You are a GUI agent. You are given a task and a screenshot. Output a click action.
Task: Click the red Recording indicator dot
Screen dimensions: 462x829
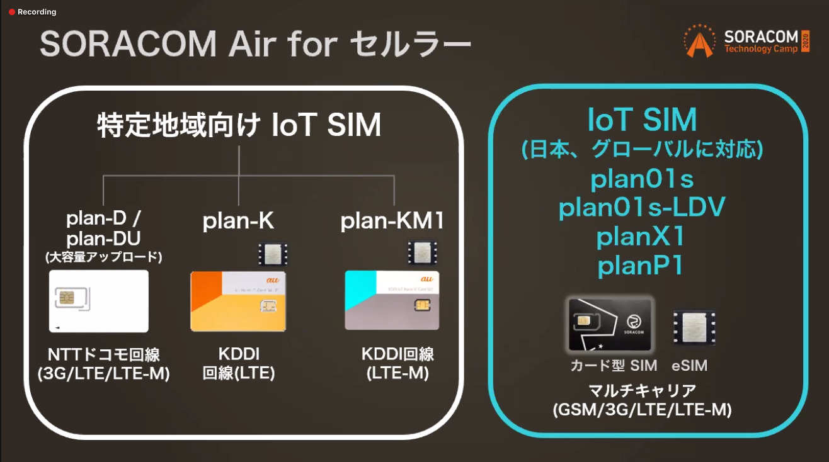click(11, 12)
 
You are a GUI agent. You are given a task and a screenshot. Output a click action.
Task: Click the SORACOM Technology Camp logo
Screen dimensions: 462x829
click(746, 41)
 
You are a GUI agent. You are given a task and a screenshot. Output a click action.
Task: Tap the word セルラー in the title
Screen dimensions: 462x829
click(409, 45)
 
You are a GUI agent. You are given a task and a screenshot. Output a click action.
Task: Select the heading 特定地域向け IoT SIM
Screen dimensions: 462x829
click(239, 125)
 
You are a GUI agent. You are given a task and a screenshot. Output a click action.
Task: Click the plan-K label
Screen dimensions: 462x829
click(237, 222)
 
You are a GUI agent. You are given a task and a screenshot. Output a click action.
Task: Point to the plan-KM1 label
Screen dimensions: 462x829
click(392, 222)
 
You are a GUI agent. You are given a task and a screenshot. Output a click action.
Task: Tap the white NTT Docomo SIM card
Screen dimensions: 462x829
click(99, 301)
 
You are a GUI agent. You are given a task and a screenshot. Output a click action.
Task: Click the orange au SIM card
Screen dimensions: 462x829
click(238, 301)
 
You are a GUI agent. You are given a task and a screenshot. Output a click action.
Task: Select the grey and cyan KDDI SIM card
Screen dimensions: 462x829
click(391, 300)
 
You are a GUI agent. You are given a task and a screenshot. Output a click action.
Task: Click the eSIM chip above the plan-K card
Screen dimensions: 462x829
click(273, 254)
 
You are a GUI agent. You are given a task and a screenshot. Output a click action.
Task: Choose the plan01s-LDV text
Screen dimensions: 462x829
click(642, 208)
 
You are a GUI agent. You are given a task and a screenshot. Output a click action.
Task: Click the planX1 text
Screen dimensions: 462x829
click(641, 237)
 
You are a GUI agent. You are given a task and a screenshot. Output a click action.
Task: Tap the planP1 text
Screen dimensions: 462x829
click(641, 266)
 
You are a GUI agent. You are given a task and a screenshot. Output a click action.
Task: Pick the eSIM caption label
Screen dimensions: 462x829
click(690, 365)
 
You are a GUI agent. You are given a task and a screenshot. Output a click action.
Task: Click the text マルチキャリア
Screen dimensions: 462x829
click(642, 390)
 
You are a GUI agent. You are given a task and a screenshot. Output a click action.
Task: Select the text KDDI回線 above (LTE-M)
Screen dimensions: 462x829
click(397, 354)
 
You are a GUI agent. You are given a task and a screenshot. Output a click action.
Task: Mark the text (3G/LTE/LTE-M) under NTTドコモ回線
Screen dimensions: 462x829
click(104, 374)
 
